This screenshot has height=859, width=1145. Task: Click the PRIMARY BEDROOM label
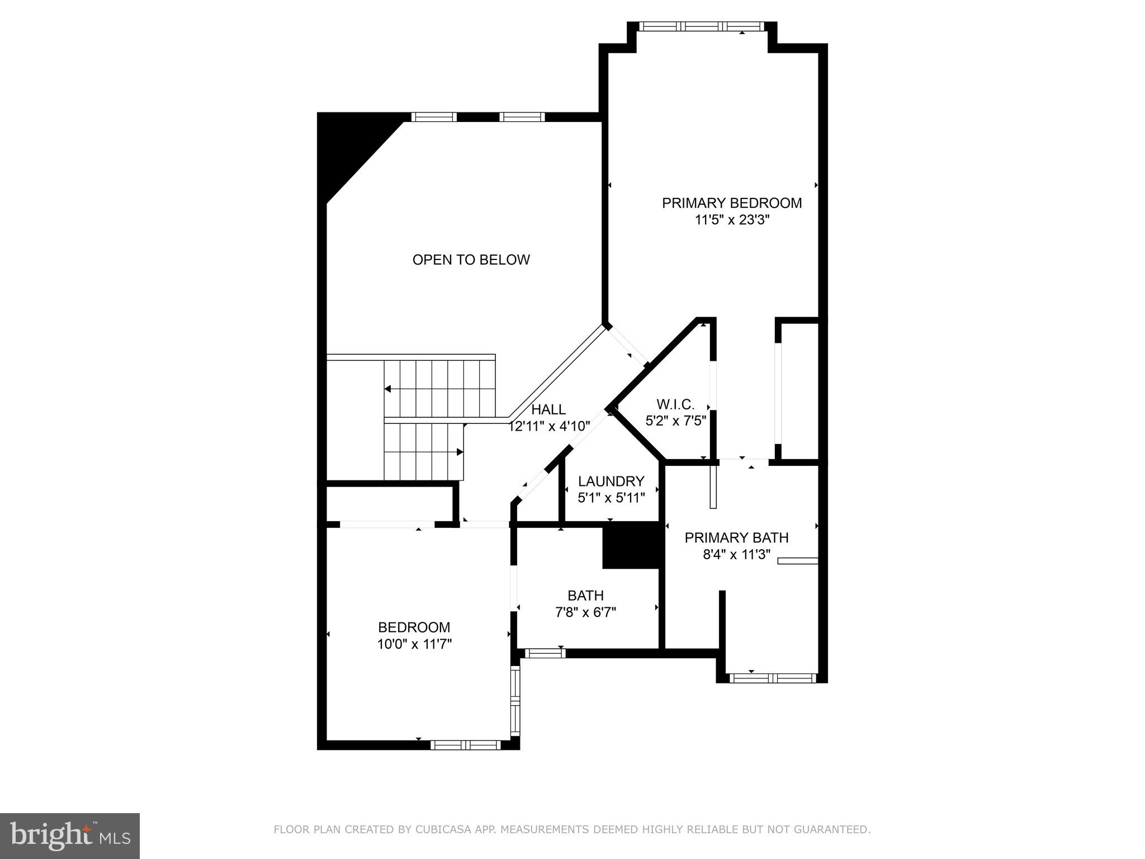tap(731, 203)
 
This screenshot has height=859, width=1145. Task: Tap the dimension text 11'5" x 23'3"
tap(732, 220)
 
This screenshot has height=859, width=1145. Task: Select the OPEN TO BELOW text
tap(471, 259)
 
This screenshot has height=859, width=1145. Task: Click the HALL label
tap(548, 409)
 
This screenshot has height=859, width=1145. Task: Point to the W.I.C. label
tap(675, 404)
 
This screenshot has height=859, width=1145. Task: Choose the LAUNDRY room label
tap(611, 481)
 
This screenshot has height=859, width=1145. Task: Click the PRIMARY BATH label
tap(736, 537)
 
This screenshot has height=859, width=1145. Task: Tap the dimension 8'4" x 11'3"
tap(736, 555)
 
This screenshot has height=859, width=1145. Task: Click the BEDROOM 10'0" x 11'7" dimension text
tap(414, 644)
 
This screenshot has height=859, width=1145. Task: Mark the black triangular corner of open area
tap(347, 145)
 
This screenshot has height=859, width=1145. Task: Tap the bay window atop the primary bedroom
tap(701, 26)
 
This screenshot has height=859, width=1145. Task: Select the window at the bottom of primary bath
tap(773, 678)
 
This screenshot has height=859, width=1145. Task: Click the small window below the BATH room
tap(545, 653)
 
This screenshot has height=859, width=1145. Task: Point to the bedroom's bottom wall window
tap(465, 744)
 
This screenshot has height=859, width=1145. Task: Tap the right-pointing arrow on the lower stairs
tap(460, 452)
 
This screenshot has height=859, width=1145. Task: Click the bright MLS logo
tap(69, 836)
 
